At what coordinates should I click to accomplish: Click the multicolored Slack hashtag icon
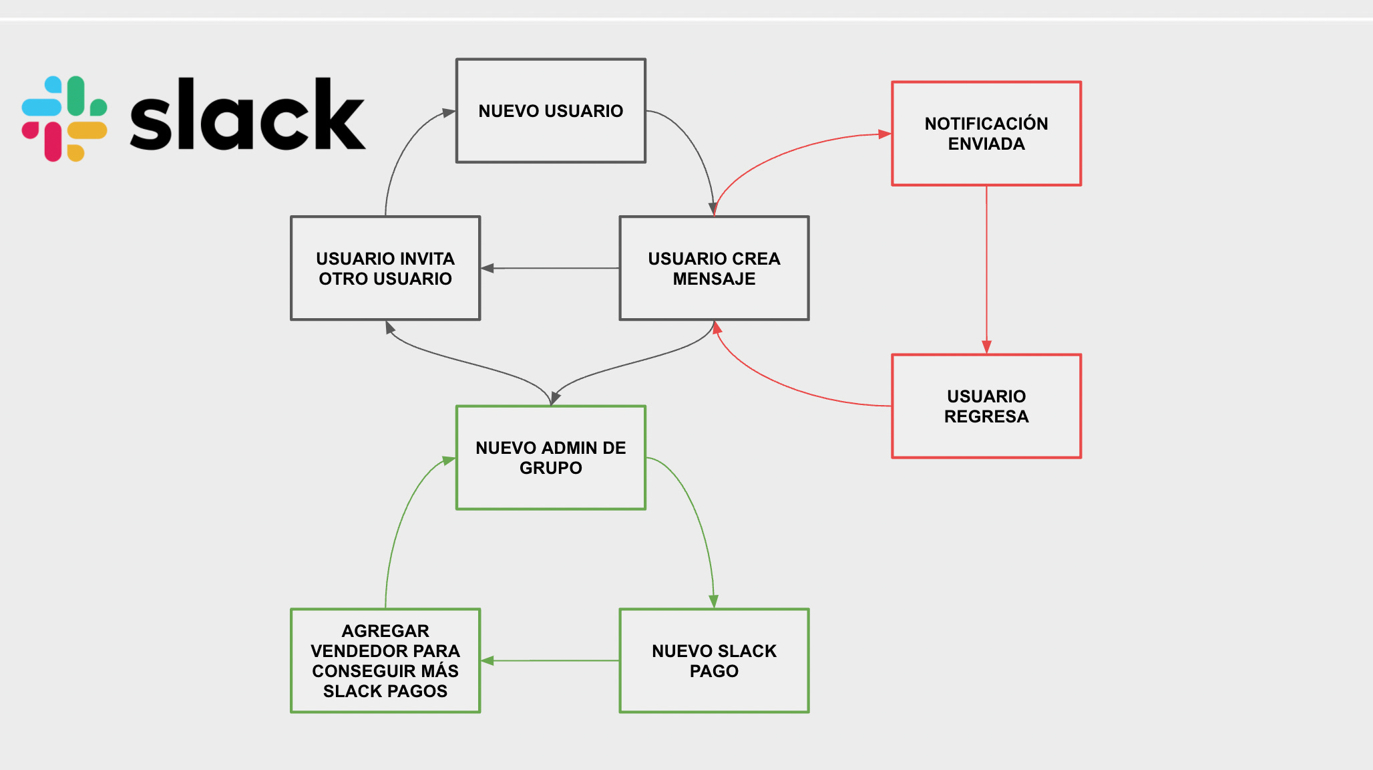[x=64, y=118]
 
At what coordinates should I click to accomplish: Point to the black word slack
[x=248, y=114]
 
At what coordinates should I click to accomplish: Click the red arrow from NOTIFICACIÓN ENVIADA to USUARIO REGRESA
[x=986, y=270]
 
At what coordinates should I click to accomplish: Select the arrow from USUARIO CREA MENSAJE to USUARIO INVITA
[x=550, y=268]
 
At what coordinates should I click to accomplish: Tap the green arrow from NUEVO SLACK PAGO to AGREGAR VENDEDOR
[x=550, y=660]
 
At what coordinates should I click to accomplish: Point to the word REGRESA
[x=986, y=416]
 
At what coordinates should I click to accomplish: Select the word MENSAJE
[x=714, y=279]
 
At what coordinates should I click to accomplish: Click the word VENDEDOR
[x=352, y=651]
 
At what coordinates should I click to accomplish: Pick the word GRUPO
[x=551, y=468]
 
